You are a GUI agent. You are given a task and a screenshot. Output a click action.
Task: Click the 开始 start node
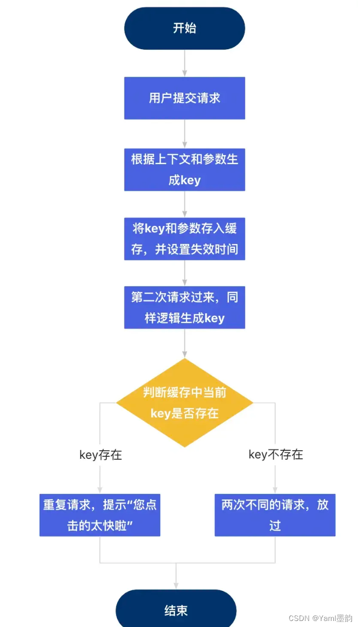click(x=184, y=28)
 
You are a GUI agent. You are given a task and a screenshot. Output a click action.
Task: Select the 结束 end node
click(x=176, y=610)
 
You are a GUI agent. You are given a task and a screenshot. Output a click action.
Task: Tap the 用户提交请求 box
click(x=184, y=98)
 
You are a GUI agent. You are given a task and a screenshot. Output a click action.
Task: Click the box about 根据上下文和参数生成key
click(x=184, y=169)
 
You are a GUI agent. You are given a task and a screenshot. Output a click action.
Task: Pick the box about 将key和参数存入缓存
click(x=184, y=238)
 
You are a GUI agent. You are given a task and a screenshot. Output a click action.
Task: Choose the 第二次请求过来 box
click(x=184, y=307)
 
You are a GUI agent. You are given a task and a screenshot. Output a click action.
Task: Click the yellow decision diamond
click(x=184, y=403)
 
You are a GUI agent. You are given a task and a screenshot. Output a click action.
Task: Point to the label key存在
click(x=100, y=455)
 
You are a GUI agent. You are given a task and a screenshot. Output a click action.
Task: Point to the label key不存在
click(x=276, y=455)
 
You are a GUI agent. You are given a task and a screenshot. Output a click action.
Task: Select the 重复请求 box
click(x=100, y=515)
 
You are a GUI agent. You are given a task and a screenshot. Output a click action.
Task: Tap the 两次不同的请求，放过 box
click(x=275, y=515)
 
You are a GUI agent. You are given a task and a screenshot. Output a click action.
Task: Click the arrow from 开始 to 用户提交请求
click(x=184, y=63)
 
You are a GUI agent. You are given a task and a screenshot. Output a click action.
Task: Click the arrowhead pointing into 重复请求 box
click(x=100, y=490)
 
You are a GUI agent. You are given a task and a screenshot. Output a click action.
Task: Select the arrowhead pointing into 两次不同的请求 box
click(x=275, y=490)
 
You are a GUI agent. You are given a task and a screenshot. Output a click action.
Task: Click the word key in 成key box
click(x=190, y=180)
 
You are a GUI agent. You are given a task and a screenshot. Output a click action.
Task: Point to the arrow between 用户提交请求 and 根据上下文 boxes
click(x=184, y=134)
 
